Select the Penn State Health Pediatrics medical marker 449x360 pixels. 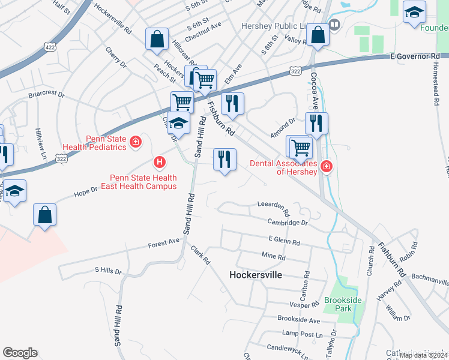tap(136, 142)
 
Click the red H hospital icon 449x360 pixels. tap(159, 162)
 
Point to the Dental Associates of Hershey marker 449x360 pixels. tap(326, 166)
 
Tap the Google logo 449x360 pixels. tap(20, 353)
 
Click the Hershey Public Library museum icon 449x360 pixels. tap(334, 25)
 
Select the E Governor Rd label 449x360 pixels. tap(415, 56)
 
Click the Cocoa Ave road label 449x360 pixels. tap(313, 88)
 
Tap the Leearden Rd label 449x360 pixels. tap(273, 208)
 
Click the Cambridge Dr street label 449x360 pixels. tap(288, 222)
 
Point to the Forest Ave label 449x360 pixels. tap(164, 242)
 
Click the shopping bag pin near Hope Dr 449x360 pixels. tap(44, 215)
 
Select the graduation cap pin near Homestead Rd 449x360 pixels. tap(414, 13)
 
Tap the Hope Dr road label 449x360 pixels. tap(86, 191)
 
